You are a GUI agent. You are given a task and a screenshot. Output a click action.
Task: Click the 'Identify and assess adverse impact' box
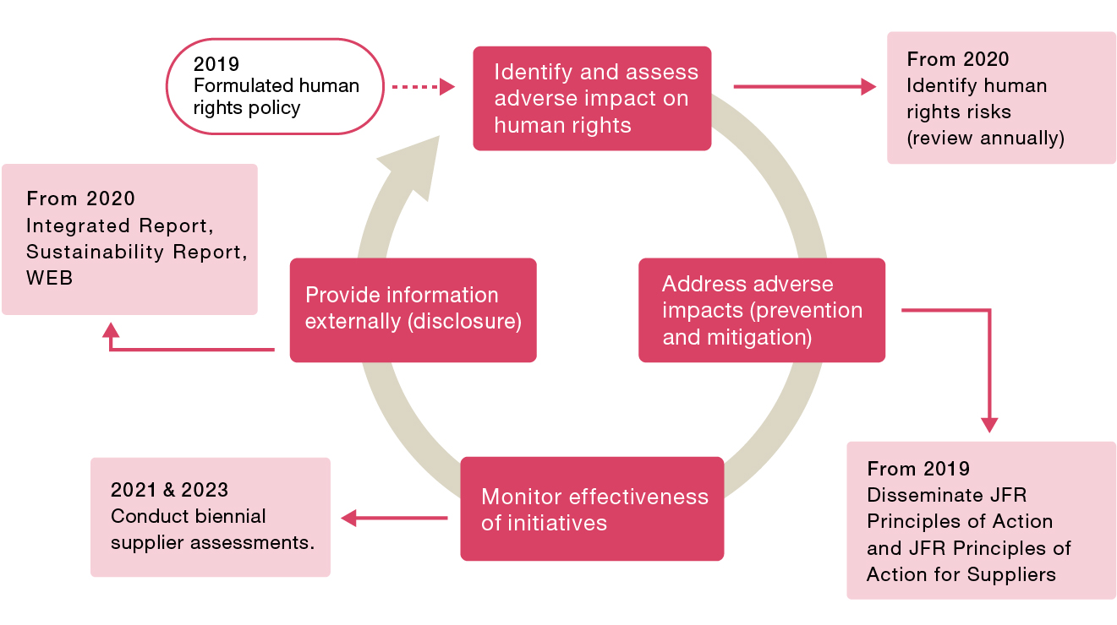592,99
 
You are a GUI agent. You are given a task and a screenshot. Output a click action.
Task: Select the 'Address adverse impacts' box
762,310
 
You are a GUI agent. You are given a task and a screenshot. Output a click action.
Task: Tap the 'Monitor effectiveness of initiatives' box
592,509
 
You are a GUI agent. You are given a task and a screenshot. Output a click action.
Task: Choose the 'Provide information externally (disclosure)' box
413,310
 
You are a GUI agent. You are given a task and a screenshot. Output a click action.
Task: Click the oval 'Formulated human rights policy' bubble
275,86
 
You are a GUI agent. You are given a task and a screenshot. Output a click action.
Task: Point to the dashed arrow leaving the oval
424,87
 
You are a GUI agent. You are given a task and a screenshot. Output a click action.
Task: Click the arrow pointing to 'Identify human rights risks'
805,87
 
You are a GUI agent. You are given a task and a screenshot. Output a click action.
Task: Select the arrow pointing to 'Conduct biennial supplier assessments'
394,518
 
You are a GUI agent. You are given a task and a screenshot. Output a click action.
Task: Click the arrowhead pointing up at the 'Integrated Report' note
111,330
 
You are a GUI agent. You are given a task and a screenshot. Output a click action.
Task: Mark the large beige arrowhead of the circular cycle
413,167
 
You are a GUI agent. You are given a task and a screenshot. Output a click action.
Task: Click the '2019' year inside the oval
216,63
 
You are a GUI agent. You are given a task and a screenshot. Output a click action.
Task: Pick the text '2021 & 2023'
170,490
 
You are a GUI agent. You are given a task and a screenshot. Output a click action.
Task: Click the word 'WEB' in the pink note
49,278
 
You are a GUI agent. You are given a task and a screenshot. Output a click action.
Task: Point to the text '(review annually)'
985,138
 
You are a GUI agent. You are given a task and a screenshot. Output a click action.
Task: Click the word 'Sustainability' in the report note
95,252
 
